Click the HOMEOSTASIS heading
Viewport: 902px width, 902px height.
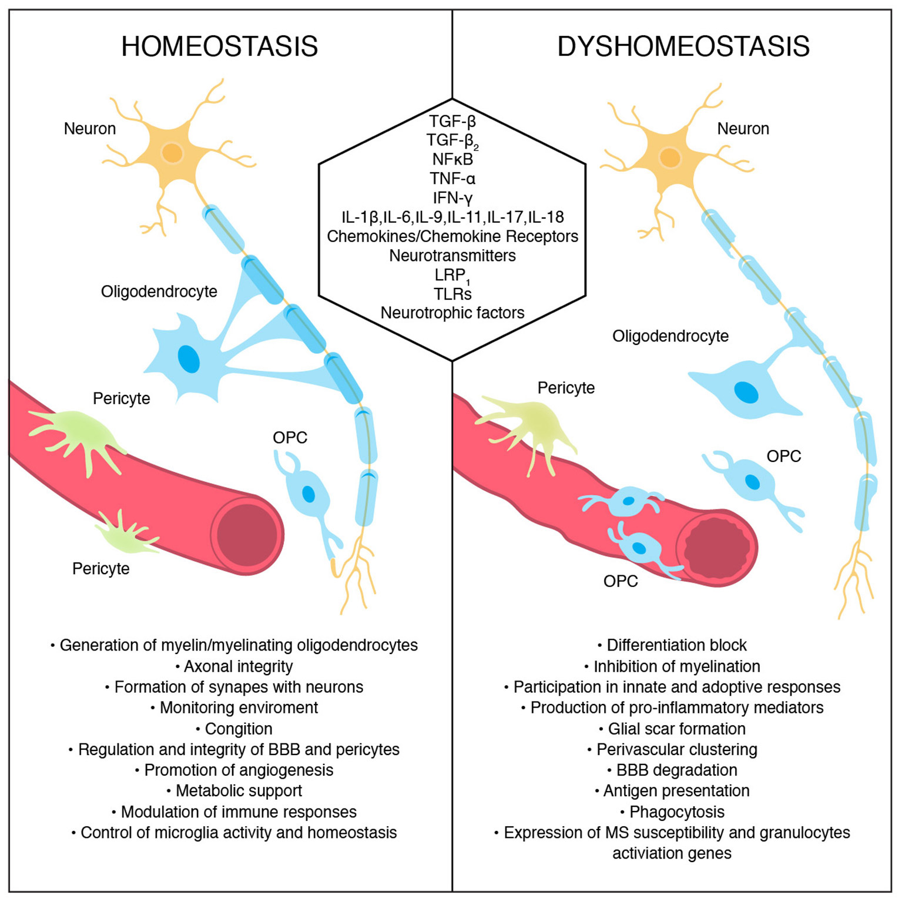point(219,46)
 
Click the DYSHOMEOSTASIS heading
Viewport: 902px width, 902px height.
point(683,46)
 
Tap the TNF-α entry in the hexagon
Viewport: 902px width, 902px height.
point(452,178)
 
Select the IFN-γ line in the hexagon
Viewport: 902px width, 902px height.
point(452,197)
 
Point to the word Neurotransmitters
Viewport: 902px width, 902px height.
point(452,256)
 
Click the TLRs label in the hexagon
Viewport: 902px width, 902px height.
point(452,294)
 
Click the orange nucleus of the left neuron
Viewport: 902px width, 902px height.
point(172,153)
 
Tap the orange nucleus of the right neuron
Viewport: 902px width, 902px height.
point(670,157)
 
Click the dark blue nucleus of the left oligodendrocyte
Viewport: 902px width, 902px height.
point(189,358)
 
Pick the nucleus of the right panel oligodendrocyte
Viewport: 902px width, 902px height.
point(746,392)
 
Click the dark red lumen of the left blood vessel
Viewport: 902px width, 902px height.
point(247,535)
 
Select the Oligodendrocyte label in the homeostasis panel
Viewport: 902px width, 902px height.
point(159,291)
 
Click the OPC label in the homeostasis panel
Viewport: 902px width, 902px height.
point(290,438)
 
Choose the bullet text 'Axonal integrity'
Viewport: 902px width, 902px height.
point(238,666)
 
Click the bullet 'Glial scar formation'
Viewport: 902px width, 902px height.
point(676,729)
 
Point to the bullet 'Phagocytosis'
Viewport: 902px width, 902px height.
point(676,812)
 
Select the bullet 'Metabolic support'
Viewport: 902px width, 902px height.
point(239,791)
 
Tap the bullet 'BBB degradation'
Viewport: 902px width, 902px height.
point(676,770)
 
